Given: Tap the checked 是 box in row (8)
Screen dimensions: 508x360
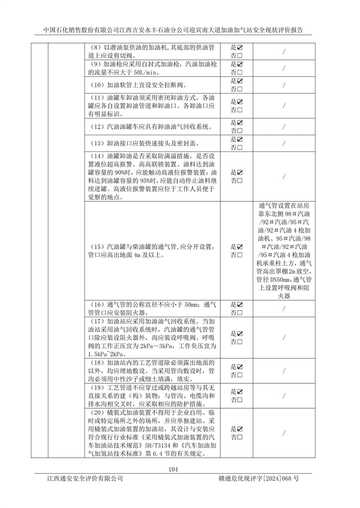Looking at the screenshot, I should pyautogui.click(x=239, y=47).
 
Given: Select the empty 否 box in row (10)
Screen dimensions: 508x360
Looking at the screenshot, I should pyautogui.click(x=239, y=89).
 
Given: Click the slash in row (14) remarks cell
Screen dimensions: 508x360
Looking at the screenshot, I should pyautogui.click(x=283, y=176).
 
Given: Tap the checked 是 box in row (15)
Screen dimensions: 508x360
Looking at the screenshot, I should pyautogui.click(x=239, y=247).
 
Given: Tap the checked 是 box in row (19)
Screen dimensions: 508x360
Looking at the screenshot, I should pyautogui.click(x=239, y=391).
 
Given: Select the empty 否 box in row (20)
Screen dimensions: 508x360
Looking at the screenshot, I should pyautogui.click(x=239, y=436).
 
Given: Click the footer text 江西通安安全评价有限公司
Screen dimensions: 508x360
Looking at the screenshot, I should pyautogui.click(x=84, y=479).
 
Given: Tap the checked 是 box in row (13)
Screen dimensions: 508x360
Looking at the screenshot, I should pyautogui.click(x=239, y=139).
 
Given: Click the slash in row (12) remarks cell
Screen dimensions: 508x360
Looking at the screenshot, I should pyautogui.click(x=283, y=127).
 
